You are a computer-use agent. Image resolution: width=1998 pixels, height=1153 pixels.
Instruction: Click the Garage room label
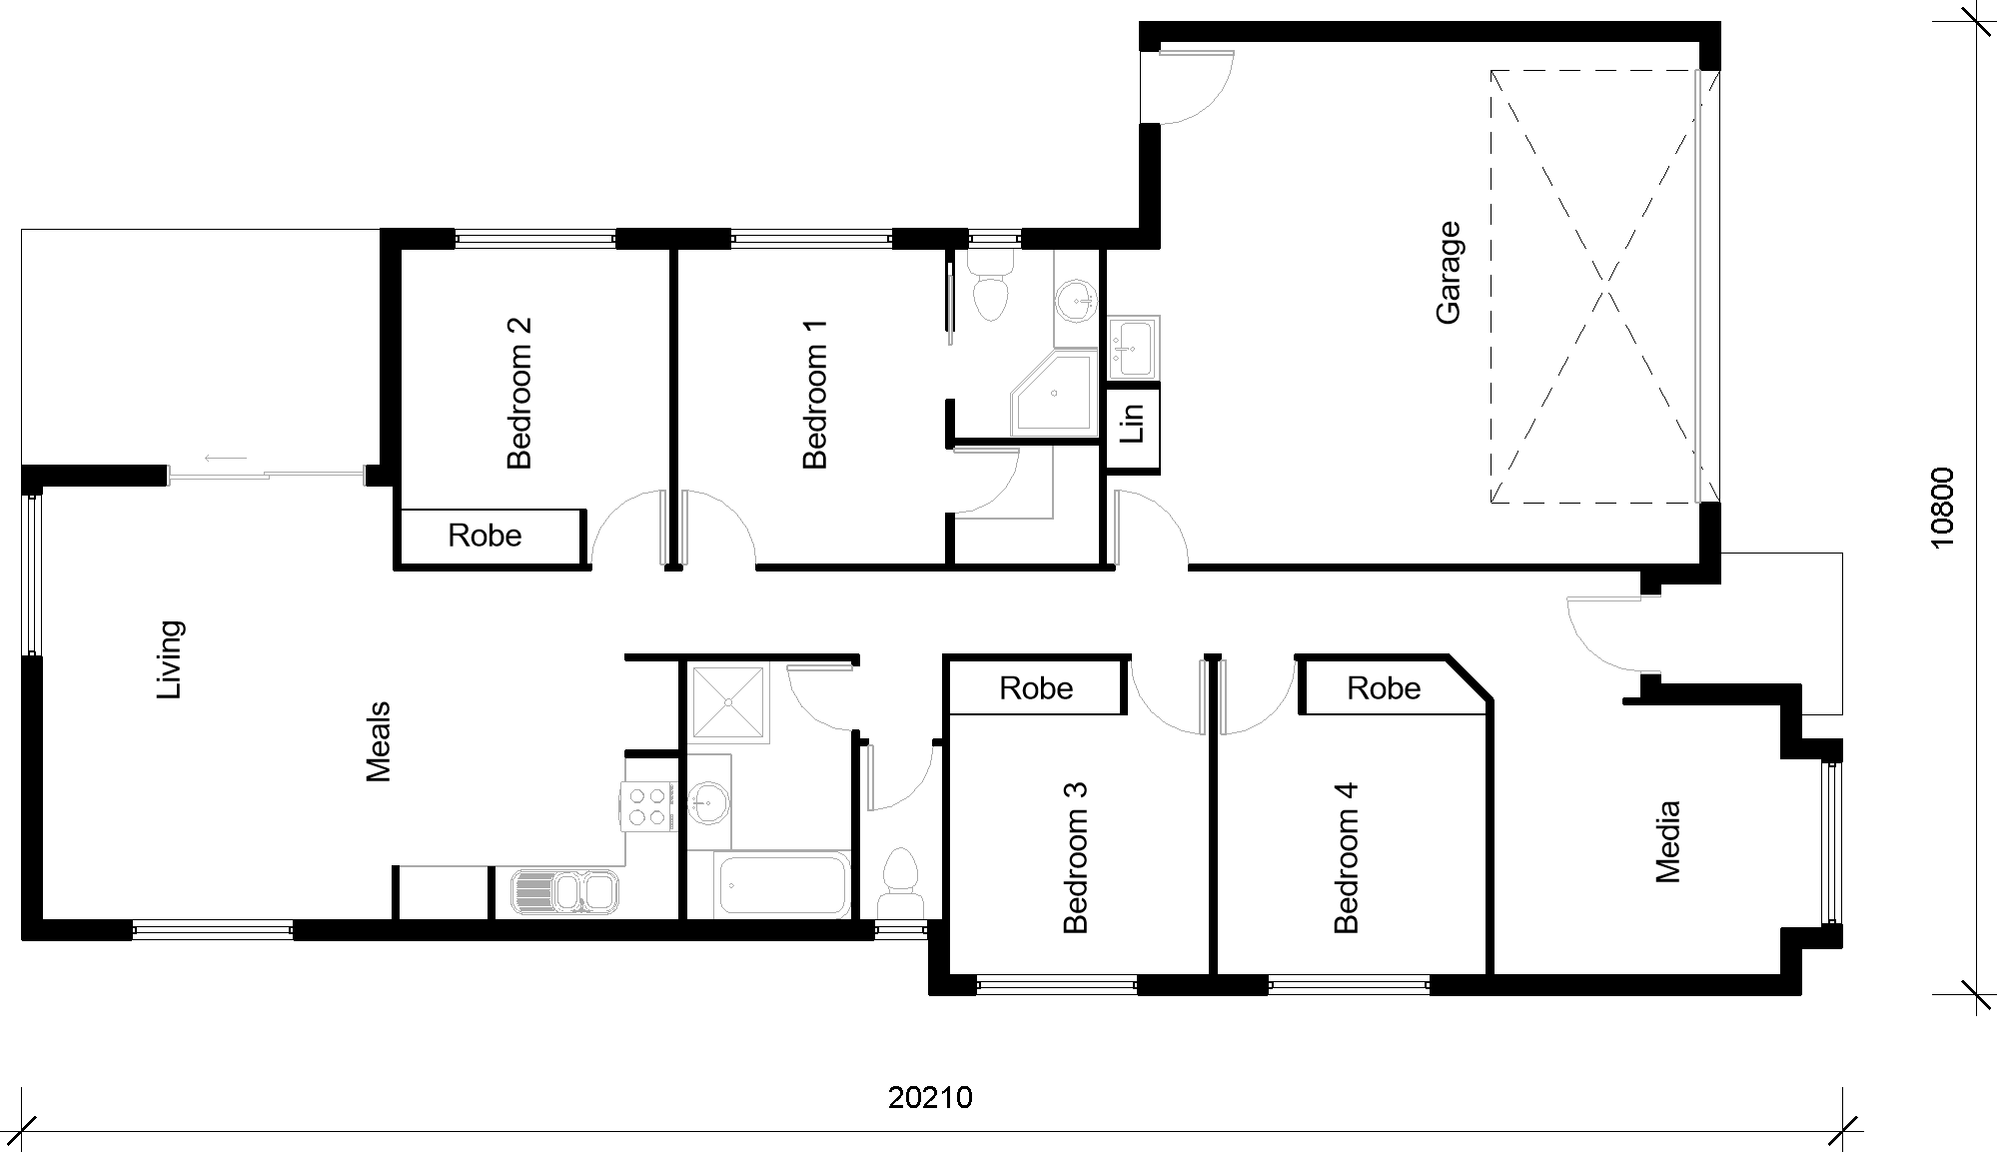tap(1449, 272)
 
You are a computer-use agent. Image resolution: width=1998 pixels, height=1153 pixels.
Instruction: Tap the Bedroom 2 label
tap(519, 393)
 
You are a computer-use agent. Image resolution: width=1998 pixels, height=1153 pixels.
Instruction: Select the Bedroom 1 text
tap(815, 394)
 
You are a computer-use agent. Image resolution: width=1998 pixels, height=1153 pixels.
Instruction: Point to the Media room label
tap(1668, 841)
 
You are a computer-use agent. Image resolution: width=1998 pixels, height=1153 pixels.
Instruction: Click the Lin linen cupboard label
tap(1133, 423)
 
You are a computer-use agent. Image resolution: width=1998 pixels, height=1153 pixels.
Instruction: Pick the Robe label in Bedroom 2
tap(485, 536)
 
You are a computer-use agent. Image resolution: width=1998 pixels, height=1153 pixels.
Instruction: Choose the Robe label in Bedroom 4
tap(1384, 688)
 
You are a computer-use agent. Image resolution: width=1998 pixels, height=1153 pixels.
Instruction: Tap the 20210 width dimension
tap(930, 1098)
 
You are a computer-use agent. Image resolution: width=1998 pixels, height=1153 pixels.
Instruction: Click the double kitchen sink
tap(564, 892)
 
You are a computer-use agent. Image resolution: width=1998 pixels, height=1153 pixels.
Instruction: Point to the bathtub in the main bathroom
tap(782, 885)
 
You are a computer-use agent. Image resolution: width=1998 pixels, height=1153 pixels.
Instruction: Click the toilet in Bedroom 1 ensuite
tap(991, 285)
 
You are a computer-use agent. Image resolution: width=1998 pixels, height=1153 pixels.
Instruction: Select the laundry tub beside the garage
tap(1133, 348)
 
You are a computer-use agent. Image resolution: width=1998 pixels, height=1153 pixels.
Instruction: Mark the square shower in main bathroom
tap(729, 703)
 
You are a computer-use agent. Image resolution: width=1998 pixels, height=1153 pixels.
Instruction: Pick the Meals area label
tap(378, 742)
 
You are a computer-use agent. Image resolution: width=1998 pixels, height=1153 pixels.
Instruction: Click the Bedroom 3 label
tap(1075, 857)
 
